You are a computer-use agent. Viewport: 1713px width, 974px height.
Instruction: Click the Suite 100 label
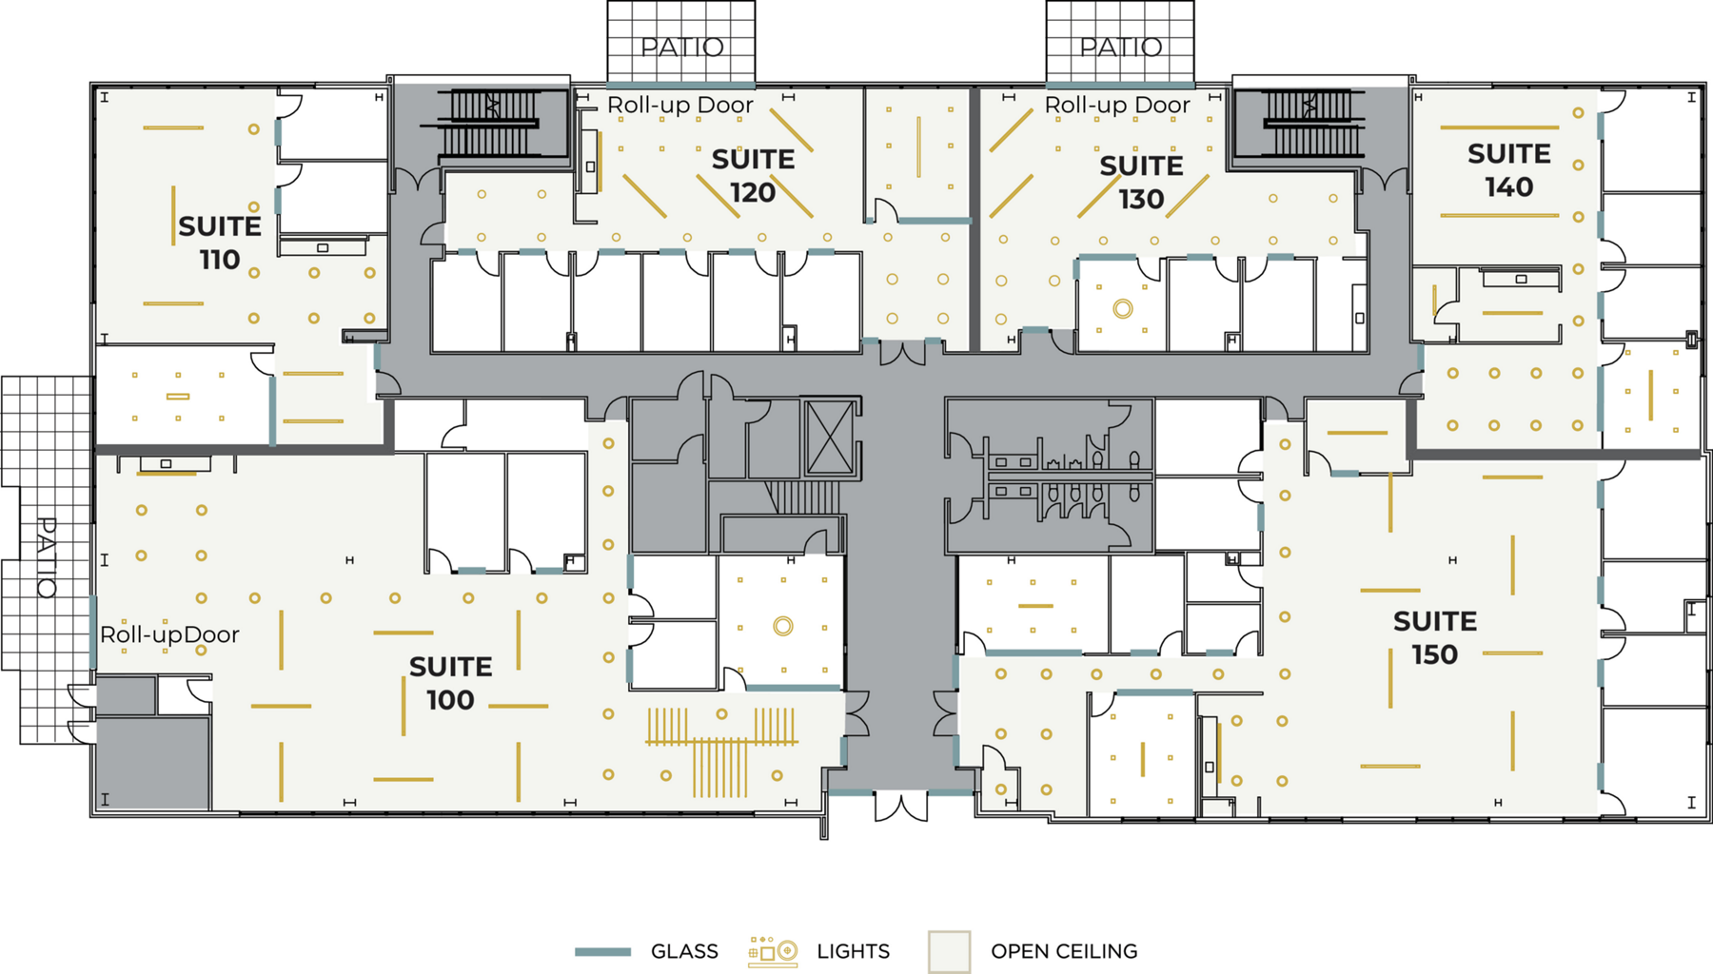[450, 683]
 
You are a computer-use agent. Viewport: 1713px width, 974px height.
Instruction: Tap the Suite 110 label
[220, 243]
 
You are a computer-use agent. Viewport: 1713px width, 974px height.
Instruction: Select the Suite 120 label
[753, 176]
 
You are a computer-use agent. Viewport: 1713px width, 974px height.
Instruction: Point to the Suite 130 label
[1141, 183]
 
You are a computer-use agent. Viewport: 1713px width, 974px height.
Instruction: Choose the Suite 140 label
[1509, 170]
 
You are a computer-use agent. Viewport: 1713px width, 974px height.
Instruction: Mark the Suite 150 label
[1435, 637]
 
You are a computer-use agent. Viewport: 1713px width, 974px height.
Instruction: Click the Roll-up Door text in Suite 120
[680, 106]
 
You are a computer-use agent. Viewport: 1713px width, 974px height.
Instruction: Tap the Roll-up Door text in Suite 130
[1117, 106]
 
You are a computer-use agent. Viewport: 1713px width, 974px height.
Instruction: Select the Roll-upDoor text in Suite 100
[169, 635]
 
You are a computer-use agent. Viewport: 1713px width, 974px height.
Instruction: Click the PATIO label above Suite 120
[681, 47]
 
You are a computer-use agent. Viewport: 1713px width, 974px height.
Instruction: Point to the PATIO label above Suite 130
[1120, 47]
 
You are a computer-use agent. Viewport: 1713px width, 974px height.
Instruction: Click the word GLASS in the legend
[684, 951]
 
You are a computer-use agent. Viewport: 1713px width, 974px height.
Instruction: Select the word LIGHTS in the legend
[854, 951]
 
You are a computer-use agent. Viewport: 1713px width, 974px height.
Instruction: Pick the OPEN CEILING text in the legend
[1064, 951]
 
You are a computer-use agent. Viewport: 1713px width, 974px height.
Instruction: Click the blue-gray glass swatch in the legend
[602, 951]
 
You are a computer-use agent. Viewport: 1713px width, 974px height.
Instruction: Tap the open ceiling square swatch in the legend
[950, 951]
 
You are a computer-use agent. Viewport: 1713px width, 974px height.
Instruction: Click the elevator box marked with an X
[831, 438]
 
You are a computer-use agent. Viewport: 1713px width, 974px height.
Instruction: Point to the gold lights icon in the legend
[773, 951]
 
